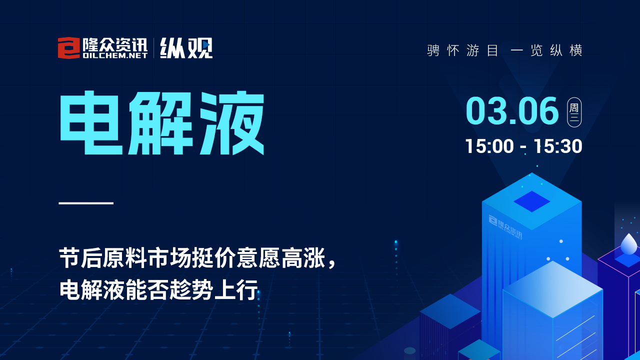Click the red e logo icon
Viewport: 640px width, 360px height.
point(69,48)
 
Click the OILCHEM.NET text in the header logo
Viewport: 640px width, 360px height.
point(115,55)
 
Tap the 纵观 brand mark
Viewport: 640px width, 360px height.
point(186,48)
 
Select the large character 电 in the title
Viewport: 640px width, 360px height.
point(91,123)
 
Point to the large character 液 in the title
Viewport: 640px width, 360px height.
point(231,123)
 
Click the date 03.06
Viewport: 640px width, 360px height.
point(512,111)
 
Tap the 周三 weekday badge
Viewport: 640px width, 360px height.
point(574,112)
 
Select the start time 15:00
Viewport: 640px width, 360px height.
point(489,146)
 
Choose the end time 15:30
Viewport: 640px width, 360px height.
point(558,146)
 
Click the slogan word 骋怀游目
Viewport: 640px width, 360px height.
point(463,50)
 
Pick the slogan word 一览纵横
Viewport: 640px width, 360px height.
point(546,50)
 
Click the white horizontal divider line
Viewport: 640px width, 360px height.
point(86,203)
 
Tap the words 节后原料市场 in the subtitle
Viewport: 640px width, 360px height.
point(125,258)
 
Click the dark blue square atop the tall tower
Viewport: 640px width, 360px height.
point(531,201)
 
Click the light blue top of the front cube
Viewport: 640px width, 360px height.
point(552,289)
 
